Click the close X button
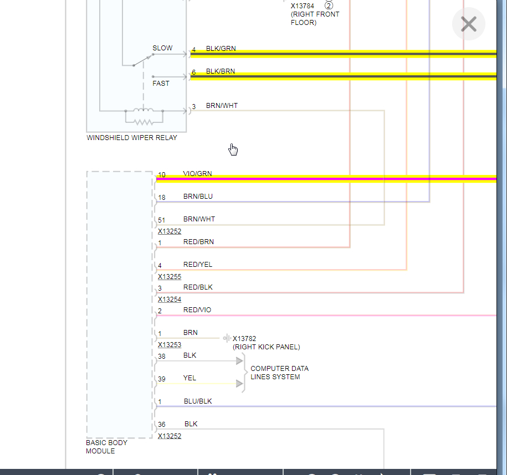click(469, 24)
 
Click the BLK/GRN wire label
click(221, 49)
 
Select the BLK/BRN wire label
click(221, 71)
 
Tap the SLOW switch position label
click(162, 48)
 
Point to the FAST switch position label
click(161, 84)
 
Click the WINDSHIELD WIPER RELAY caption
click(132, 138)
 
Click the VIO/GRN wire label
click(197, 174)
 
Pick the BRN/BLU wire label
click(198, 197)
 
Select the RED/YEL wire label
click(198, 265)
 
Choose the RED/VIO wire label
click(197, 310)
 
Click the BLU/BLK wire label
click(198, 401)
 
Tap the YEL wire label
click(190, 379)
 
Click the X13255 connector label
click(170, 277)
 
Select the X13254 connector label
click(170, 300)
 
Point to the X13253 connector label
click(170, 345)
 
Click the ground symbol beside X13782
click(227, 338)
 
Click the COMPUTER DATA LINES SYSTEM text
click(279, 373)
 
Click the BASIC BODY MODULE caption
click(106, 447)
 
